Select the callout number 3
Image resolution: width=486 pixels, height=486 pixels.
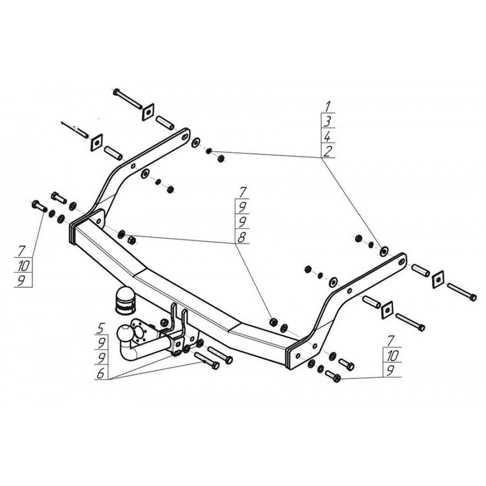coord(327,121)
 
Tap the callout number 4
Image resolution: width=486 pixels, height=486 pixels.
coord(327,137)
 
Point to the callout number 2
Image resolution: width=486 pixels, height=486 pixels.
coord(327,151)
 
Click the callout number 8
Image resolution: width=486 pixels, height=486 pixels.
coord(241,238)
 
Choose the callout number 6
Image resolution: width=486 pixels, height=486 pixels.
coord(101,373)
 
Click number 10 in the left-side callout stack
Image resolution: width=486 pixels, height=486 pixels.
coord(23,266)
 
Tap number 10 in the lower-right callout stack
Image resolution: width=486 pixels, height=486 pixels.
coord(392,356)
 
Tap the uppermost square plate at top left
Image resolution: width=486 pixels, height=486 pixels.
coord(148,112)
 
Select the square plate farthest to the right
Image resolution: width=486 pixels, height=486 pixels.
coord(437,279)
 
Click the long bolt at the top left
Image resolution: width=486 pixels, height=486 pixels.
coord(127,99)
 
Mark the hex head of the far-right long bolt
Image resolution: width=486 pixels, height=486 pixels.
coord(473,297)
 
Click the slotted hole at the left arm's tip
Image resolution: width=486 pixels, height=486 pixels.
coord(185,137)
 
